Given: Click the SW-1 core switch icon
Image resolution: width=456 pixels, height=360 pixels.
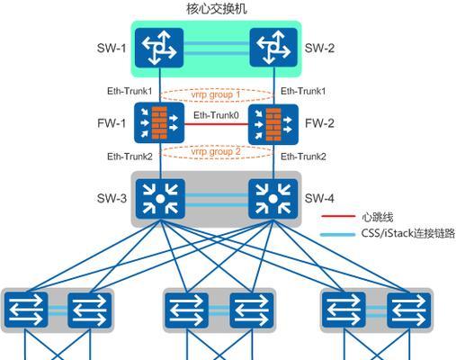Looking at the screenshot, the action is [x=159, y=48].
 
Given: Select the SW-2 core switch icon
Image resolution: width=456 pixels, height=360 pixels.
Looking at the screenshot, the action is [x=273, y=48].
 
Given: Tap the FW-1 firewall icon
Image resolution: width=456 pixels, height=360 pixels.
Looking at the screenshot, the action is [x=159, y=122].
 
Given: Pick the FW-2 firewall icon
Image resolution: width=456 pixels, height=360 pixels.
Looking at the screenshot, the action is [x=273, y=124].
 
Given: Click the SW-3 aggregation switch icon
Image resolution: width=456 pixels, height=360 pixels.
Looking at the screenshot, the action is [x=160, y=199].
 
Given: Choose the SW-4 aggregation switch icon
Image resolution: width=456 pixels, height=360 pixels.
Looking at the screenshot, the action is [x=273, y=199].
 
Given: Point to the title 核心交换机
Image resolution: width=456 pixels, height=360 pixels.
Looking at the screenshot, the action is [x=217, y=8].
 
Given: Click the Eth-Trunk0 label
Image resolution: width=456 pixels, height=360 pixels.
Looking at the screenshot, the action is [x=216, y=115].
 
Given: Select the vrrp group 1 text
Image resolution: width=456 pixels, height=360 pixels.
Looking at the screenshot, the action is [x=216, y=94].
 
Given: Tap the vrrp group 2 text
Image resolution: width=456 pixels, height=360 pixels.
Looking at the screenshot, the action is [x=216, y=151].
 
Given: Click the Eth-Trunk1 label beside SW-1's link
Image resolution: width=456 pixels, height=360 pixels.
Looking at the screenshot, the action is [x=130, y=91].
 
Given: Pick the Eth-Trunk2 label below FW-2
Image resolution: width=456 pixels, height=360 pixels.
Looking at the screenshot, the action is [x=303, y=157].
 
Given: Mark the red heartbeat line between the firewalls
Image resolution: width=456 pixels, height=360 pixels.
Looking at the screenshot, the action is [x=217, y=124].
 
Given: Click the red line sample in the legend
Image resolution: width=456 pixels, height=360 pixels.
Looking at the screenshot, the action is [x=338, y=216].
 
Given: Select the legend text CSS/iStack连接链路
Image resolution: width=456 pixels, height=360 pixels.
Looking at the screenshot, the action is [x=408, y=233].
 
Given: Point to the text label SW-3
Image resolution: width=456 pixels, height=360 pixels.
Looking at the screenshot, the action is [x=112, y=198].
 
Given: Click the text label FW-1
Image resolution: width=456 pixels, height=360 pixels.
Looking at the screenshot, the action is [x=112, y=123].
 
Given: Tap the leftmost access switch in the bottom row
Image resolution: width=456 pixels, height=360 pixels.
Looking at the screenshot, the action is [x=26, y=310].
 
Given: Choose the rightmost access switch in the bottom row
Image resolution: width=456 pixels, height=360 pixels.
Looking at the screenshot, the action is [x=409, y=310].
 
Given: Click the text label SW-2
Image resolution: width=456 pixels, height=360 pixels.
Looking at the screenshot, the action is [x=319, y=48].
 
